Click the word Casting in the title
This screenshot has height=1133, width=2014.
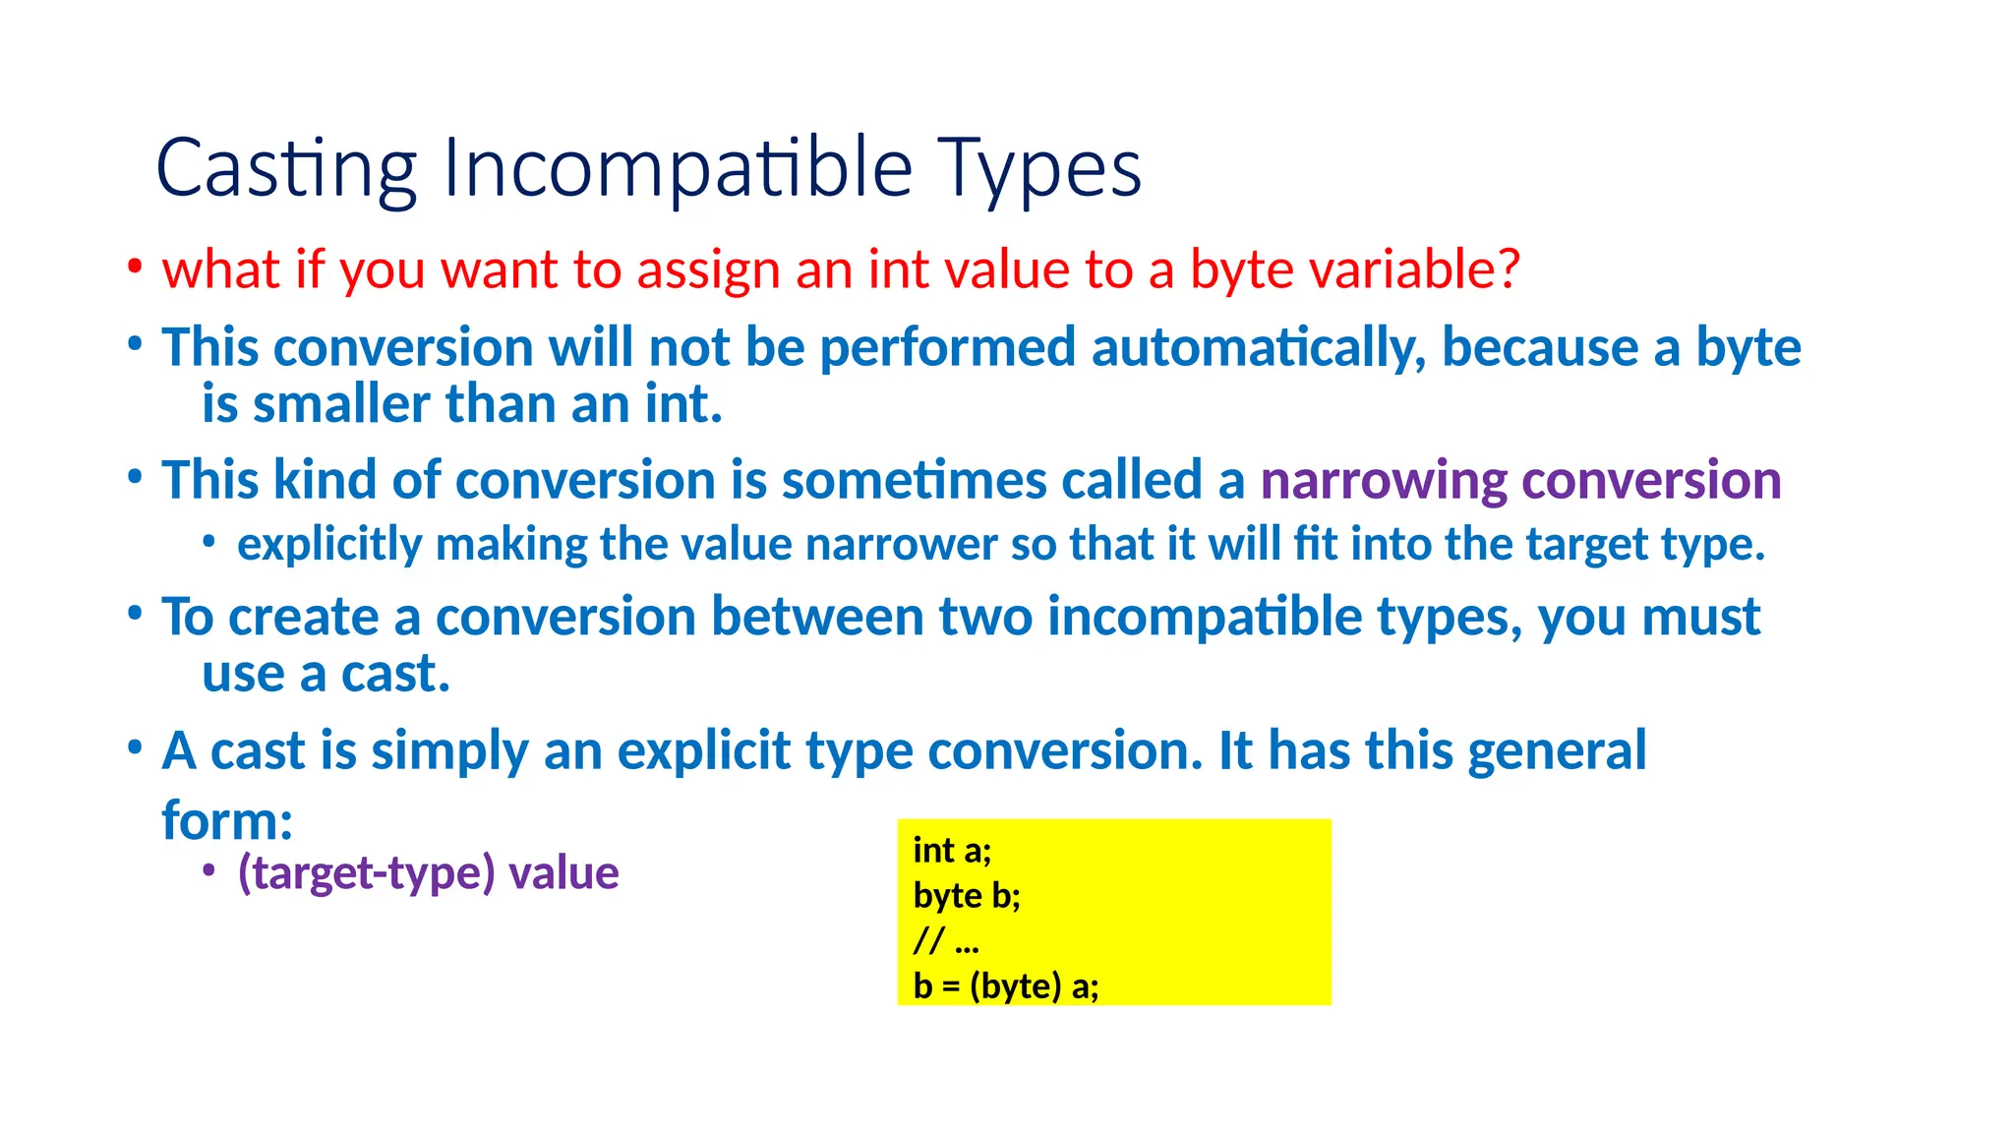286,169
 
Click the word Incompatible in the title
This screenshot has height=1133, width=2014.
678,169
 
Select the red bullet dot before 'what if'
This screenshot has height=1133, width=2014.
136,267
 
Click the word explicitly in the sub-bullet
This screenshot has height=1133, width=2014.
329,544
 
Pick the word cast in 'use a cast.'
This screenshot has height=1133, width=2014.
394,674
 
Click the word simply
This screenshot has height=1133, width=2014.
449,750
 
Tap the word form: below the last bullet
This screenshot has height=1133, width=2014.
227,819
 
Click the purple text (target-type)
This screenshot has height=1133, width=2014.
366,872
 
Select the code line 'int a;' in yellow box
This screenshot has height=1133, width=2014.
952,850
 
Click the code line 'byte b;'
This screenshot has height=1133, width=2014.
967,895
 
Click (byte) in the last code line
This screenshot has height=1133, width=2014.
1015,985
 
